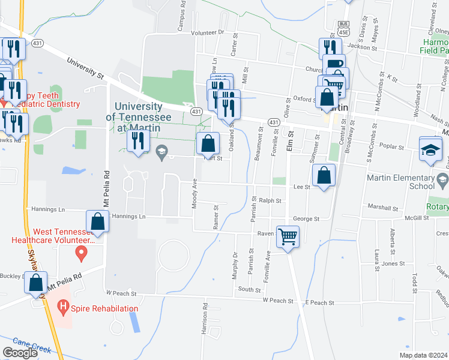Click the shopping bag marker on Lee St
(x=324, y=176)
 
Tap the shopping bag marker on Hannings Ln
(x=97, y=221)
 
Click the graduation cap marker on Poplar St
(x=430, y=149)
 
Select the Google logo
(x=20, y=353)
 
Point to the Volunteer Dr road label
(x=207, y=32)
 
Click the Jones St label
(x=393, y=263)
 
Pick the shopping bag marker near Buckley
(x=36, y=283)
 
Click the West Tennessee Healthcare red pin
(x=81, y=254)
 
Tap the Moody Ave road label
(x=194, y=196)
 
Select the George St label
(x=306, y=219)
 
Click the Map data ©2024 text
(x=423, y=355)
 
